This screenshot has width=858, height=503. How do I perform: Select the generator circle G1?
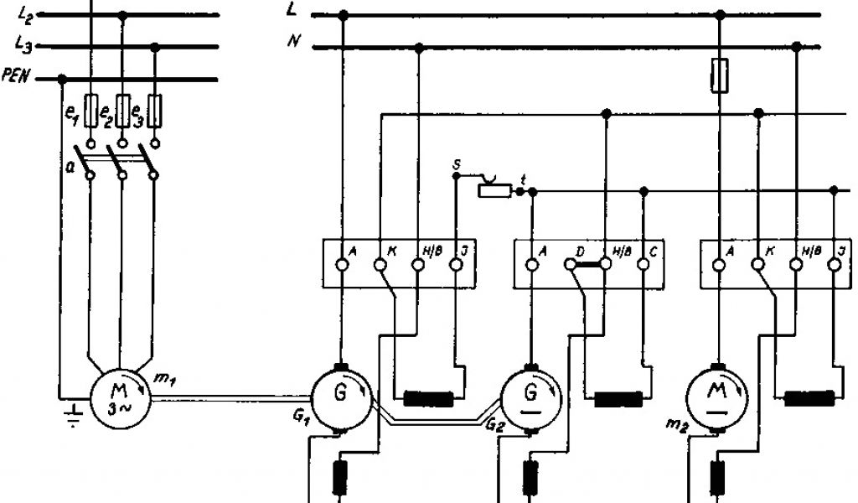tap(341, 398)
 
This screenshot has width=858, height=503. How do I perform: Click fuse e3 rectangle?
tap(154, 108)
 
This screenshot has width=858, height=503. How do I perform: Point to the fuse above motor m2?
tap(719, 74)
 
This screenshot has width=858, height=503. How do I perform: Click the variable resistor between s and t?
tap(493, 190)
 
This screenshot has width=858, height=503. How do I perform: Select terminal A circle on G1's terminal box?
tap(342, 265)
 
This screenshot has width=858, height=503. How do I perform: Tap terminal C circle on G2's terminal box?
tap(643, 265)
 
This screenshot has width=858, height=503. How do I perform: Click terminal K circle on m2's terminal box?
tap(758, 265)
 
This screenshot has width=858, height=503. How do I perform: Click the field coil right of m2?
tap(809, 398)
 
